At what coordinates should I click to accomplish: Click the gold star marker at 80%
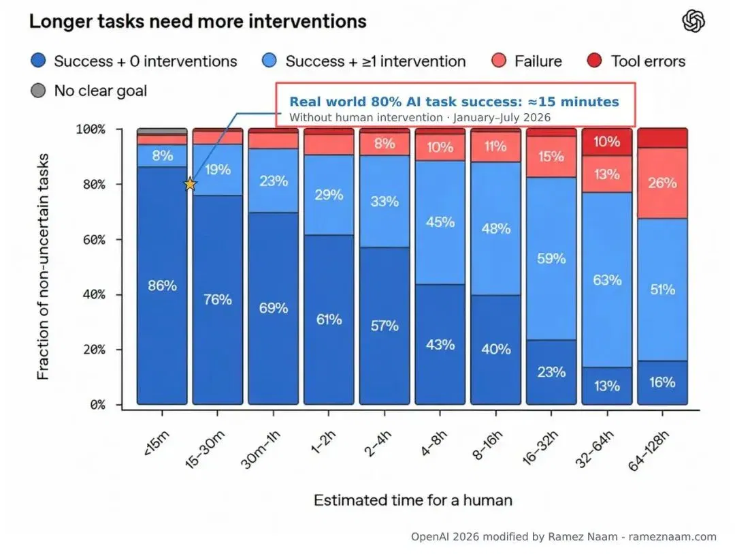click(x=190, y=184)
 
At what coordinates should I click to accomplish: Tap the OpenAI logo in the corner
click(x=693, y=22)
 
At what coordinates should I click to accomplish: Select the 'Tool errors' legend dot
click(x=594, y=61)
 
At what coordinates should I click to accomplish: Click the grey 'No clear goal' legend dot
click(x=38, y=90)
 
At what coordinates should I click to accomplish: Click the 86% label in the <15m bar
click(x=162, y=286)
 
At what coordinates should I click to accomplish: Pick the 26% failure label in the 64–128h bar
click(x=662, y=183)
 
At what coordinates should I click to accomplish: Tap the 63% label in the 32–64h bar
click(x=607, y=280)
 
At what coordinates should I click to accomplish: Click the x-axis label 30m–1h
click(x=260, y=449)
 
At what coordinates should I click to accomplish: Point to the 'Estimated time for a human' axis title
click(x=413, y=500)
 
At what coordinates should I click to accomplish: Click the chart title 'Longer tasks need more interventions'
click(x=198, y=22)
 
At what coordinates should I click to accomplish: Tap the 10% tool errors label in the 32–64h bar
click(x=607, y=141)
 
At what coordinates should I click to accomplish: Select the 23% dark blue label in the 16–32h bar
click(x=551, y=372)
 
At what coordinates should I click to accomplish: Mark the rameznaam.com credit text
click(x=672, y=537)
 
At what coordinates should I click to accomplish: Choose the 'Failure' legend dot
click(x=499, y=61)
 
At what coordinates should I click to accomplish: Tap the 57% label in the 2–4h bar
click(x=385, y=326)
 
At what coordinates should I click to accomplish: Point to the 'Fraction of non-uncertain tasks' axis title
click(x=43, y=266)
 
